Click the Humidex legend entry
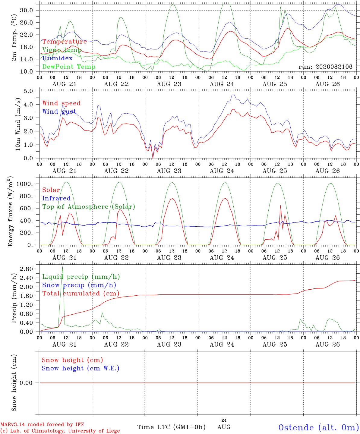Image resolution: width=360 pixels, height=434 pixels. click(x=57, y=58)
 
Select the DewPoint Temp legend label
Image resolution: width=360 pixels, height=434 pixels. click(x=69, y=67)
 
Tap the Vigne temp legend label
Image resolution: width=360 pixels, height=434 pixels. click(x=62, y=50)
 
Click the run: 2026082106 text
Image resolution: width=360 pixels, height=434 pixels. click(x=325, y=67)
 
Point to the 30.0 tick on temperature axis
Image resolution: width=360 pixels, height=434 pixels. click(x=27, y=10)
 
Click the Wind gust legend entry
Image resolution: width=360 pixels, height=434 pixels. click(x=59, y=112)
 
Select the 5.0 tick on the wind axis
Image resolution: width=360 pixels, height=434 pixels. click(x=28, y=91)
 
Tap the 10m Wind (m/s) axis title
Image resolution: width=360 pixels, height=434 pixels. click(x=18, y=124)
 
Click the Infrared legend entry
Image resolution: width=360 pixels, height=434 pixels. click(x=56, y=198)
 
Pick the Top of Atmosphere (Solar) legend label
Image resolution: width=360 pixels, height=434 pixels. click(x=89, y=207)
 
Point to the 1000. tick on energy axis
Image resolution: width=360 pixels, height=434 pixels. click(x=25, y=184)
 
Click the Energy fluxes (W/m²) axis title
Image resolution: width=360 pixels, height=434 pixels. click(x=10, y=211)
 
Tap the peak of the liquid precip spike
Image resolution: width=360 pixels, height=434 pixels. click(x=62, y=267)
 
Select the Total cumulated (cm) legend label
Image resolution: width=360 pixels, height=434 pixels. click(x=81, y=294)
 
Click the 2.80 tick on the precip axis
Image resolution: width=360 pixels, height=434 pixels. click(x=27, y=269)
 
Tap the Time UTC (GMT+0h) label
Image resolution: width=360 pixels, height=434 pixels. click(x=171, y=427)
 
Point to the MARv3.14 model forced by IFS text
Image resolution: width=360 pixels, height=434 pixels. click(x=42, y=424)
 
